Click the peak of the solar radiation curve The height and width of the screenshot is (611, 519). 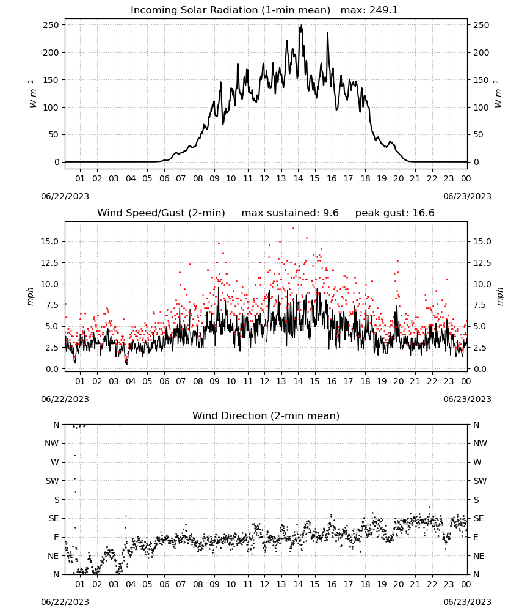[x=301, y=26]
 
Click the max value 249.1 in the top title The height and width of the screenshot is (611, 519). [x=383, y=10]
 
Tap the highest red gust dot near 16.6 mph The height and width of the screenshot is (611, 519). [x=293, y=229]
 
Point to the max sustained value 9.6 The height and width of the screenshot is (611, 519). [x=330, y=213]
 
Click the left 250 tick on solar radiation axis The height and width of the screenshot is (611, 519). [x=51, y=25]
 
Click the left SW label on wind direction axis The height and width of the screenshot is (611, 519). [x=53, y=481]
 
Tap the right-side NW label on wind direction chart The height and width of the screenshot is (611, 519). [x=480, y=443]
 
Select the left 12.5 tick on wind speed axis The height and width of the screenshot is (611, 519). [x=49, y=263]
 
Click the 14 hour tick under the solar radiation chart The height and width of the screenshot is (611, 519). [x=298, y=178]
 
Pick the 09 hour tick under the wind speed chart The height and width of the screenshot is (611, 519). [x=214, y=381]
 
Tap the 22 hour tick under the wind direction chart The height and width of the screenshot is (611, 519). [x=432, y=584]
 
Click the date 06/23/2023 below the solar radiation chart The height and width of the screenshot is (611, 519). [x=467, y=196]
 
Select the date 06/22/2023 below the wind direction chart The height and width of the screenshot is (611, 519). [x=65, y=602]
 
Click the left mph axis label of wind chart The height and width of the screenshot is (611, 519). [x=31, y=296]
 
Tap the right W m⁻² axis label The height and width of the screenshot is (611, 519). [x=499, y=94]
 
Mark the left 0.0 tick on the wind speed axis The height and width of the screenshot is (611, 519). [x=52, y=369]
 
